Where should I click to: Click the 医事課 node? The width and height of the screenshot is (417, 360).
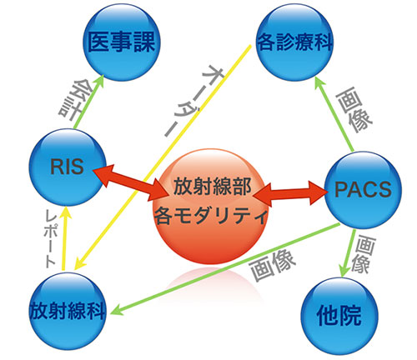tap(122, 42)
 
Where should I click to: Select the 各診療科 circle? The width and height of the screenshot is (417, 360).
tap(294, 42)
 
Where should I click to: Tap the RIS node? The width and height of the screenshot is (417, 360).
tap(68, 167)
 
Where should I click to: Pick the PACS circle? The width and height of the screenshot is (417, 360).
tap(363, 190)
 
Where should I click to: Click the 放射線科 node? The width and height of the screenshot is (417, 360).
tap(68, 311)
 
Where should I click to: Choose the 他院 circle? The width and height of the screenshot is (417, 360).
tap(339, 316)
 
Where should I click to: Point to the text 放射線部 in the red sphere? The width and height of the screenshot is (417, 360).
tap(213, 187)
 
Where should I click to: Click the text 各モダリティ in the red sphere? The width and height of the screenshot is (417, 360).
tap(211, 215)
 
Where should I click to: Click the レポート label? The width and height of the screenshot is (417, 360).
tap(50, 238)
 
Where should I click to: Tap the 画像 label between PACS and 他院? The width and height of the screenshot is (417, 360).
tap(363, 254)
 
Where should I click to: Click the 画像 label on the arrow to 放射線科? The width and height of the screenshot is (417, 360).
tap(272, 266)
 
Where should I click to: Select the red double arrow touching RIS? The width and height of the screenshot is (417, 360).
tap(131, 182)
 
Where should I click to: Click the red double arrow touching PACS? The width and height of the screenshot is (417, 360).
tap(290, 193)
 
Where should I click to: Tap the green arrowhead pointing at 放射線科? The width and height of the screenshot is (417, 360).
tap(117, 309)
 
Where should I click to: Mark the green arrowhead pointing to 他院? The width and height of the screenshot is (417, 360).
tap(344, 271)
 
